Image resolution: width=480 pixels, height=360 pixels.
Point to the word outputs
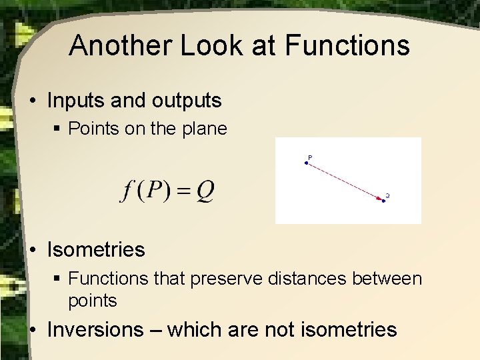coord(188,101)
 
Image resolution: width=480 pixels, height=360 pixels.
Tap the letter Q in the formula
coord(205,191)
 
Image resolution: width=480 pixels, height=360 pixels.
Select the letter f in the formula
coord(127,191)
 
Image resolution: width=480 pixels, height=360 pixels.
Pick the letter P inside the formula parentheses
coord(154,191)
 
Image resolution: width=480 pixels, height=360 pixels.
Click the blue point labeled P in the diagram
coord(306,163)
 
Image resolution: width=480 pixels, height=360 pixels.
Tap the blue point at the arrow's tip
coord(384,200)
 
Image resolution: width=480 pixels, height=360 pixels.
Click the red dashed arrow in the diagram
coord(345,181)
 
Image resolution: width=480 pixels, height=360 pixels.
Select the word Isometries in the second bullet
coord(96,250)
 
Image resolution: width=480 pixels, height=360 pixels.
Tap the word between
coord(389,278)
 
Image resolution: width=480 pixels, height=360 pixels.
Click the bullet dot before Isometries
coord(33,251)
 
